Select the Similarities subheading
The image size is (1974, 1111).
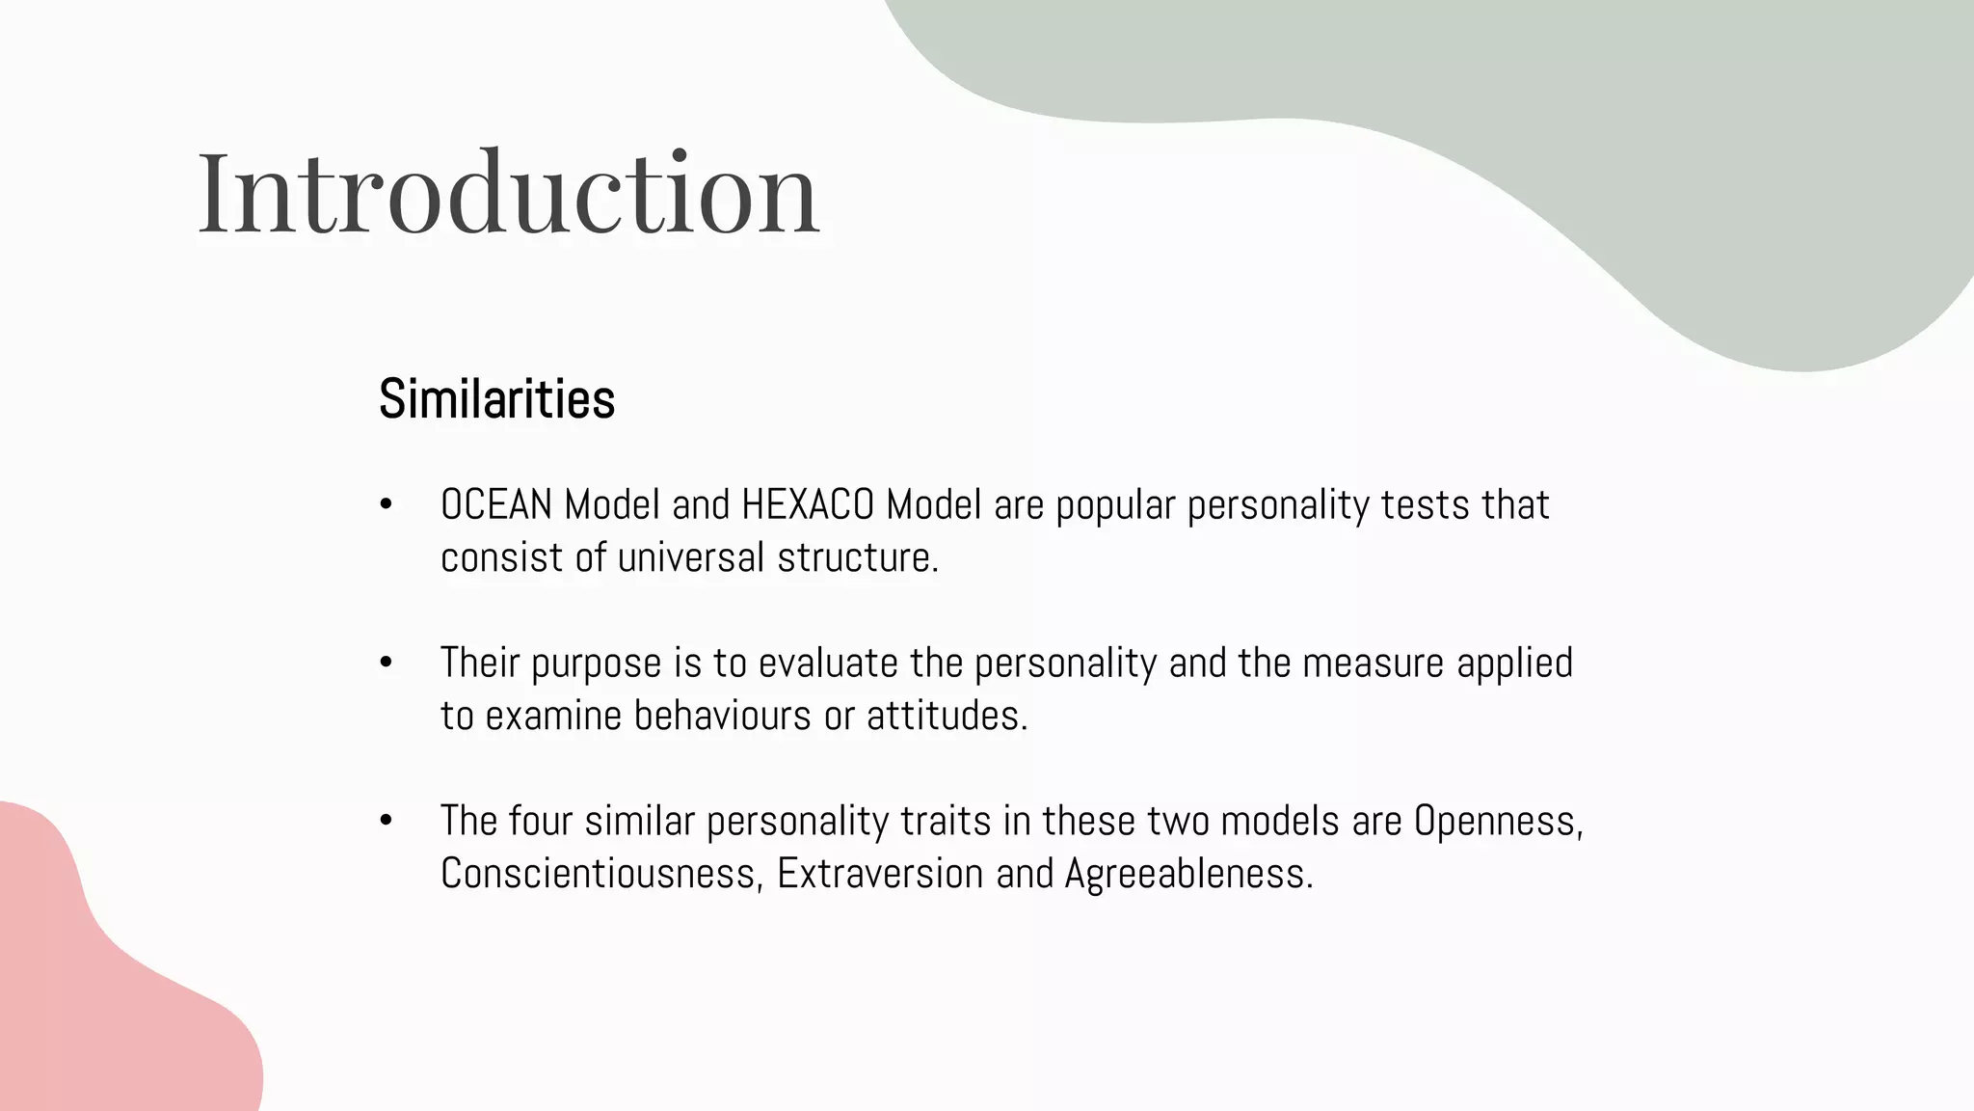[x=496, y=398]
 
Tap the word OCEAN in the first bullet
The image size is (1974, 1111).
[x=495, y=504]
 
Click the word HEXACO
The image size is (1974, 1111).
[x=807, y=504]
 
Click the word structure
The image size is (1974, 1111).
[x=858, y=557]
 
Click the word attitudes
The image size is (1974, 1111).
[x=947, y=716]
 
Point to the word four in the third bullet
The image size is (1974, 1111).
[x=540, y=821]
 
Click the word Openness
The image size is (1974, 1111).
[x=1498, y=822]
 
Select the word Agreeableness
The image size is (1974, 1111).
[x=1188, y=874]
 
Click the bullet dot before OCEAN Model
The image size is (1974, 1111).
[x=387, y=504]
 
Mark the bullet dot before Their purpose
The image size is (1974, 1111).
[x=387, y=663]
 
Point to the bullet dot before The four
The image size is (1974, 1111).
[x=387, y=821]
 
